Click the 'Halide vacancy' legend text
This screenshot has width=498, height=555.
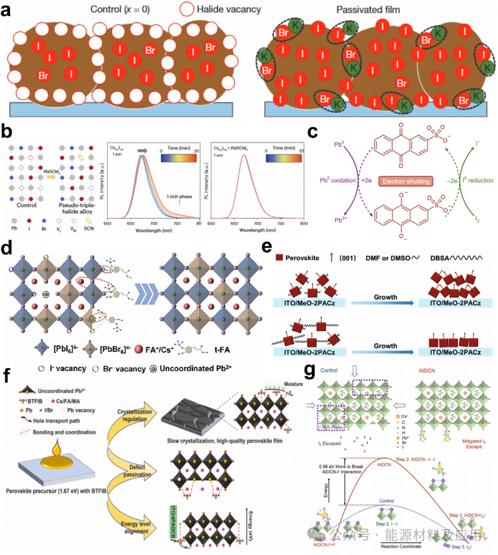228,9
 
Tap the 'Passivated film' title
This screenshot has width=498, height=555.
368,9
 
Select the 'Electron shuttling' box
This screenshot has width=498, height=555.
406,181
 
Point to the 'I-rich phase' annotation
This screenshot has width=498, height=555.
179,197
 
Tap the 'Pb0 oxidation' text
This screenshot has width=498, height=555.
338,180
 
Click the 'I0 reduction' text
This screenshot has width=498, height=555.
478,180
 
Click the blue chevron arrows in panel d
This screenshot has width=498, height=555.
146,293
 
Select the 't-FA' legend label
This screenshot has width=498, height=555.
222,350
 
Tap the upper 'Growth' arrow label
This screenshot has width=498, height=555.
385,297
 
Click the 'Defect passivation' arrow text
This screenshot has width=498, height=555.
137,471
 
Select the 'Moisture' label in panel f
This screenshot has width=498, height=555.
293,384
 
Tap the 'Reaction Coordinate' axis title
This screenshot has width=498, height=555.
401,546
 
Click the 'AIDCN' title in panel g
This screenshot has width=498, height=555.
427,370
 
